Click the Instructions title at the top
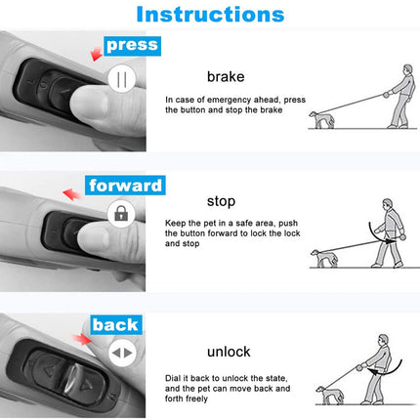(x=210, y=15)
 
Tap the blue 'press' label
(x=131, y=45)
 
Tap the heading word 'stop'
(x=221, y=202)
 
